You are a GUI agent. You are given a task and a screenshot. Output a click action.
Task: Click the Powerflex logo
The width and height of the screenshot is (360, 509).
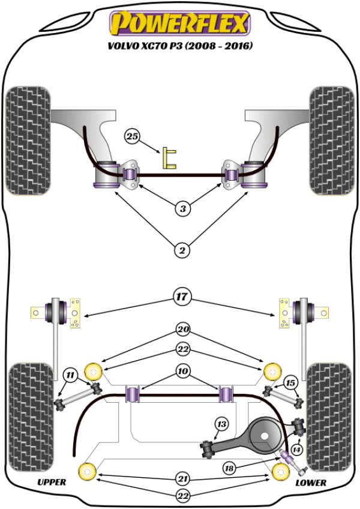click(x=178, y=24)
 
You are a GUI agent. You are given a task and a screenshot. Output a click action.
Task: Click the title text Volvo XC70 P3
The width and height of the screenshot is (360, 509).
click(x=178, y=45)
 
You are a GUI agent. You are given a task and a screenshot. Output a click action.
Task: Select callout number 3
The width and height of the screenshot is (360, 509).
click(x=182, y=209)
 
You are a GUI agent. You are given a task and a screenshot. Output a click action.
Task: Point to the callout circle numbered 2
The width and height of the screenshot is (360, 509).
click(x=182, y=248)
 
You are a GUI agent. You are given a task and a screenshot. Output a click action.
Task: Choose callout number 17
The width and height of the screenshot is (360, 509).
click(x=181, y=295)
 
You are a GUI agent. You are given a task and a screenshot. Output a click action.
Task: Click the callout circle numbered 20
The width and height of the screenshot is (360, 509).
click(x=181, y=329)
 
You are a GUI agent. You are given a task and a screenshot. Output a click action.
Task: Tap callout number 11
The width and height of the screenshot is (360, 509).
click(x=71, y=376)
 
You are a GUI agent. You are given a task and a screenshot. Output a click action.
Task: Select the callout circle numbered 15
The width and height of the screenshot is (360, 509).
click(x=290, y=383)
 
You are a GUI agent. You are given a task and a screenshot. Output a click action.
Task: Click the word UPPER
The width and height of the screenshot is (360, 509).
click(x=52, y=482)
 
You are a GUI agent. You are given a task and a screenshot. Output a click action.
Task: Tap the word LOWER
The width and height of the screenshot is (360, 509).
click(x=311, y=482)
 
